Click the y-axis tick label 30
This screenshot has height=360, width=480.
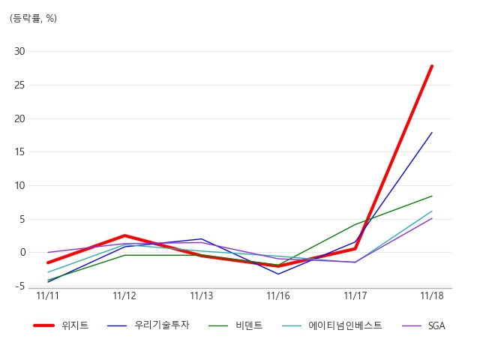[x=19, y=51]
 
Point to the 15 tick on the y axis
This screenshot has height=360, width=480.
[x=19, y=151]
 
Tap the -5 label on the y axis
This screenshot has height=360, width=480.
[x=19, y=286]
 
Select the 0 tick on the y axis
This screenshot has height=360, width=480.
[x=23, y=253]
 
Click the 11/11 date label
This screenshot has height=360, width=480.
[x=47, y=295]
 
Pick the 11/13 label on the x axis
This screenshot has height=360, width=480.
[x=202, y=295]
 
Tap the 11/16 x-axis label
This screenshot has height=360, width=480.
[x=278, y=295]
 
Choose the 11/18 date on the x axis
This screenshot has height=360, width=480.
[x=432, y=295]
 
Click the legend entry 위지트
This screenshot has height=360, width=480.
[x=75, y=325]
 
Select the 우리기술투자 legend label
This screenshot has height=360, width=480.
[x=162, y=325]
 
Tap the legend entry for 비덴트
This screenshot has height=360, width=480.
[x=249, y=325]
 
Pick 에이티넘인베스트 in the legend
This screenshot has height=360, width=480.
[x=345, y=325]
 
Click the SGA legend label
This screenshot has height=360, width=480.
[x=436, y=325]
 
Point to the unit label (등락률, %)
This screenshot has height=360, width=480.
[x=33, y=18]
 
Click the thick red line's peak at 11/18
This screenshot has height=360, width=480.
[x=432, y=66]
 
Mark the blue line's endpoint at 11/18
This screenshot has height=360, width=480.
[x=432, y=133]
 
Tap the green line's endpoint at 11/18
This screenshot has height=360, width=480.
[x=432, y=196]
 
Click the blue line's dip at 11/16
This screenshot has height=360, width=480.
[x=278, y=274]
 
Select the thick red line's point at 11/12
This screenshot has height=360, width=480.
[x=124, y=235]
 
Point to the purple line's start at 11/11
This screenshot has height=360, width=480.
[x=48, y=252]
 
